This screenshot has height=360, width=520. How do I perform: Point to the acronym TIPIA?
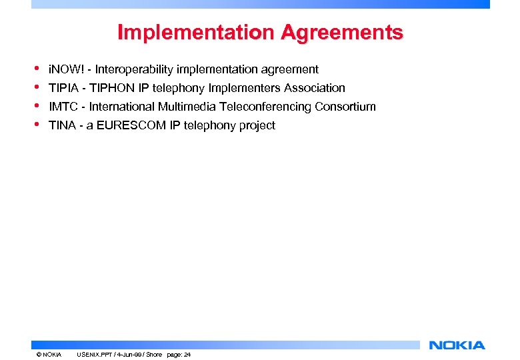pyautogui.click(x=63, y=88)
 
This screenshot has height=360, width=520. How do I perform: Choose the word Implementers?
pyautogui.click(x=244, y=88)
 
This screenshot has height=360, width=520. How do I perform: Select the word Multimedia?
pyautogui.click(x=187, y=107)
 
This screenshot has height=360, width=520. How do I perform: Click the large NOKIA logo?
pyautogui.click(x=457, y=345)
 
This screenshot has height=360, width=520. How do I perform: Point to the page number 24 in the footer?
pyautogui.click(x=187, y=355)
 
